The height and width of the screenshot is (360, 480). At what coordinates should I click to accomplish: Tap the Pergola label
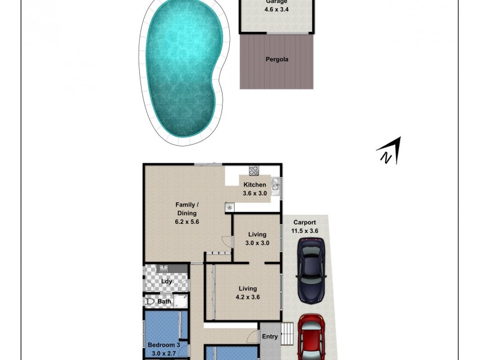click(277, 59)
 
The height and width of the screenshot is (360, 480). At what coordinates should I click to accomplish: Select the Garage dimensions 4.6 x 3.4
click(277, 10)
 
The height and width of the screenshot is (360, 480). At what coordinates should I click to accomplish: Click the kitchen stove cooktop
click(254, 170)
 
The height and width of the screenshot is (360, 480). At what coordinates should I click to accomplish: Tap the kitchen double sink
click(275, 187)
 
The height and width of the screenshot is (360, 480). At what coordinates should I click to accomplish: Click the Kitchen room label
click(254, 185)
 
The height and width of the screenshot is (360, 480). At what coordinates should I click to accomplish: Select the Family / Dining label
click(187, 209)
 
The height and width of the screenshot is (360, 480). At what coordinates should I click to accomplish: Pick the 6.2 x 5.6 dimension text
click(187, 221)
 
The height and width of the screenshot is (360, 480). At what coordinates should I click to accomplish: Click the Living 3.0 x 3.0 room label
click(257, 235)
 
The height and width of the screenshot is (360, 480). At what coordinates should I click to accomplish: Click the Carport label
click(305, 223)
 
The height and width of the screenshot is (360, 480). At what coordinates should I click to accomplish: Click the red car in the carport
click(312, 339)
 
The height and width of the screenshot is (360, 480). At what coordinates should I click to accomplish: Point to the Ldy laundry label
click(167, 281)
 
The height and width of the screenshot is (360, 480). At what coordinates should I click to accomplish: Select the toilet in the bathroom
click(149, 301)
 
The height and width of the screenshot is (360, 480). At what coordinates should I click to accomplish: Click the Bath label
click(164, 301)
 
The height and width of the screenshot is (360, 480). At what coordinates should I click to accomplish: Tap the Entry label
click(270, 337)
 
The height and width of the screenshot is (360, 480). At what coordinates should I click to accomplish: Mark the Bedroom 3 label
click(163, 345)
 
